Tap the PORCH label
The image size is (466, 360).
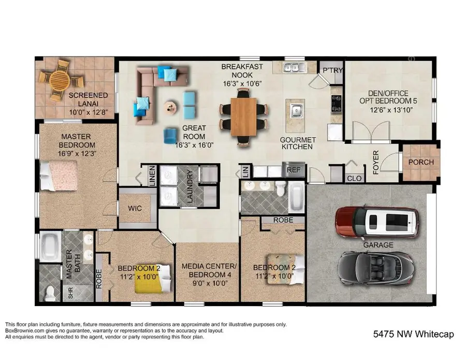(x=421, y=162)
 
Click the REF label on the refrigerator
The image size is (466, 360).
(x=294, y=170)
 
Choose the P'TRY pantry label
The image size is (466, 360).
(x=331, y=70)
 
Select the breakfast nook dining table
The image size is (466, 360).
(x=243, y=116)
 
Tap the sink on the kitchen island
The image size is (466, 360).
(x=297, y=110)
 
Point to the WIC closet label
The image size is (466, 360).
(x=135, y=209)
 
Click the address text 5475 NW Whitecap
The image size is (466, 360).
(x=413, y=334)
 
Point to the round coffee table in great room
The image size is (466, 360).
(x=170, y=108)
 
